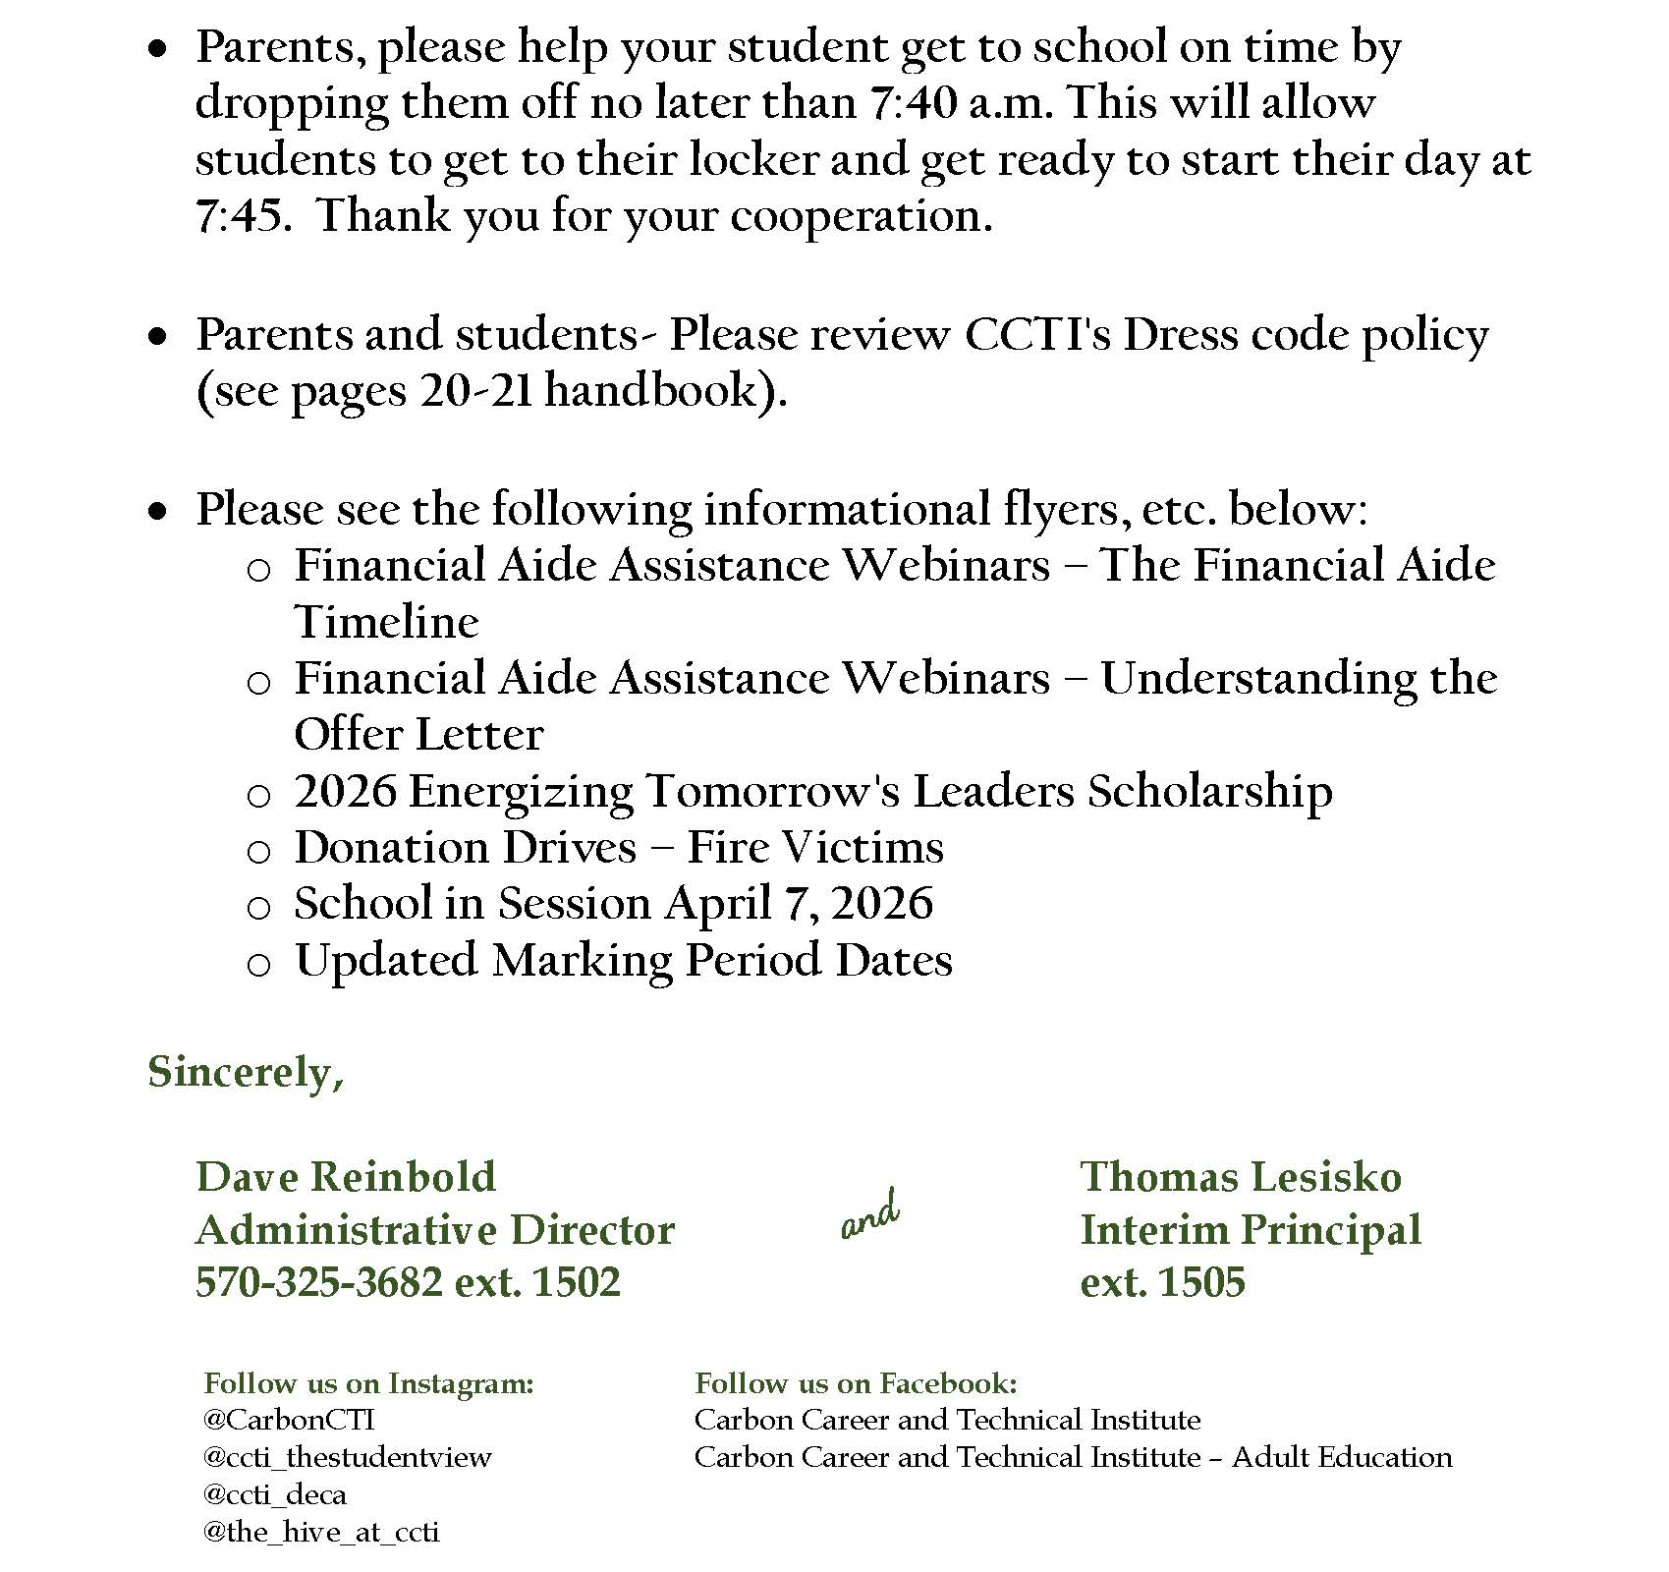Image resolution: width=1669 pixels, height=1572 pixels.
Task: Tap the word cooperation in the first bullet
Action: coord(860,216)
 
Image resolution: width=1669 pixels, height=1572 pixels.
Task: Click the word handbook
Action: coord(653,391)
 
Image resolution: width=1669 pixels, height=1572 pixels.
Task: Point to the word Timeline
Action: coord(387,622)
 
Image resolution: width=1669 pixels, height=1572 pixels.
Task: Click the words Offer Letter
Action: coord(418,735)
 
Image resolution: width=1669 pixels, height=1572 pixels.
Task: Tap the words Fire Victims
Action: coord(815,848)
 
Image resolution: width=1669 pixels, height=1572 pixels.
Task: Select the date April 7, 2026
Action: coord(799,904)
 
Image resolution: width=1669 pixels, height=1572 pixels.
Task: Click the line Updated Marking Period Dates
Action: coord(623,961)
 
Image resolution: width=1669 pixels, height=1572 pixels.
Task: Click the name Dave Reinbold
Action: coord(346,1177)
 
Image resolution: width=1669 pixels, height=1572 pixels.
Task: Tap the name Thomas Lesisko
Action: coord(1241,1177)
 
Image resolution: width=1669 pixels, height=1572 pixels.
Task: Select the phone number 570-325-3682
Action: coord(318,1282)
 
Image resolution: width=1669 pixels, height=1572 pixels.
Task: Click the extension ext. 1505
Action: coord(1162,1282)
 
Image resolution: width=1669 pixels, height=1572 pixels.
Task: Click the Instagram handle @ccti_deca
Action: coord(274,1495)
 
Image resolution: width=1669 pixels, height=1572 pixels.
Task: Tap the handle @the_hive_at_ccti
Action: coord(320,1533)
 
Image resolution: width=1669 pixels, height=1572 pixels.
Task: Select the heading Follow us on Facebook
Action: coord(856,1383)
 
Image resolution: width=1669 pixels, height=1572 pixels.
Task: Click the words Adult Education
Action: coord(1341,1457)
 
